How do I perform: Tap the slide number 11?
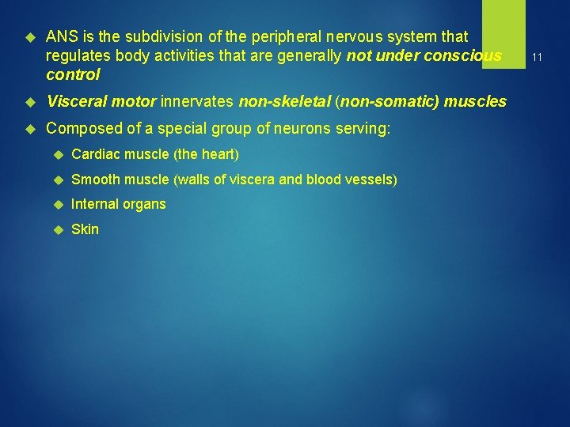pyautogui.click(x=537, y=57)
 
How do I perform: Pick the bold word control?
pyautogui.click(x=73, y=75)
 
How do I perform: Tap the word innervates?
pyautogui.click(x=198, y=101)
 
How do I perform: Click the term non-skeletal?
pyautogui.click(x=284, y=101)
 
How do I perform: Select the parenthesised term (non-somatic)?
pyautogui.click(x=387, y=101)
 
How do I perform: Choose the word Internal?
pyautogui.click(x=93, y=204)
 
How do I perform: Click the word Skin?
pyautogui.click(x=85, y=229)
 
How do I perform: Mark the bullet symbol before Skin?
pyautogui.click(x=56, y=229)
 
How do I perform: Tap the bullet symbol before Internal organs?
pyautogui.click(x=56, y=204)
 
